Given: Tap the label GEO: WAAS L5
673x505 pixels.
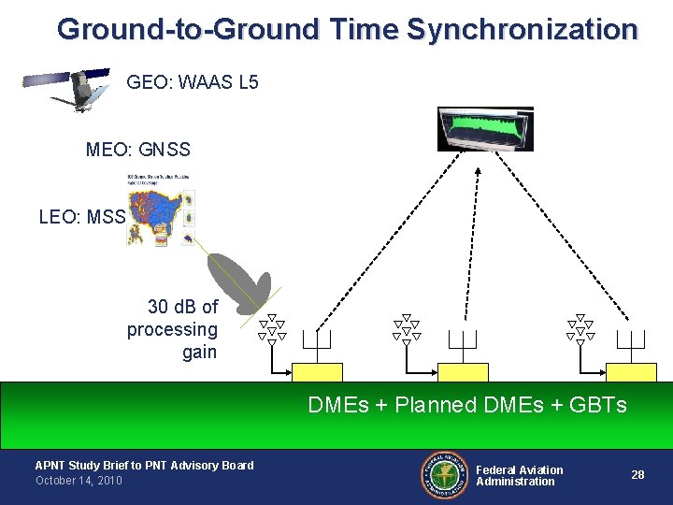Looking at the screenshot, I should coord(192,82).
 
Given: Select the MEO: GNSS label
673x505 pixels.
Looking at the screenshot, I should coord(137,150).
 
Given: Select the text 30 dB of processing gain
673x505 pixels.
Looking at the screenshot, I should coord(174,329).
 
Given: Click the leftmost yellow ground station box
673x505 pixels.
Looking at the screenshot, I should coord(318,372).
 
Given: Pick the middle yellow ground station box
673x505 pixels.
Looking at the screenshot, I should coord(464,372).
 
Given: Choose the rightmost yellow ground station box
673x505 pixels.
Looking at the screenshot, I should coord(631,372).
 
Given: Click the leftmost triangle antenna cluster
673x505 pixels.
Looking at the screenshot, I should coord(272,330).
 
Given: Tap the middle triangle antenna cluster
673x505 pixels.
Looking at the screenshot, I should coord(407,330).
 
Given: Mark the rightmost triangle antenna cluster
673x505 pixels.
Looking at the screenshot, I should coord(580,330).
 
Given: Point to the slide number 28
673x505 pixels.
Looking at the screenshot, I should coord(637,475).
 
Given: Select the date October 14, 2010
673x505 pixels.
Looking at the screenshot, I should coord(79,481).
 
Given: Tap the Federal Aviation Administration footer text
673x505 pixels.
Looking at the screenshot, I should coord(520,475).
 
